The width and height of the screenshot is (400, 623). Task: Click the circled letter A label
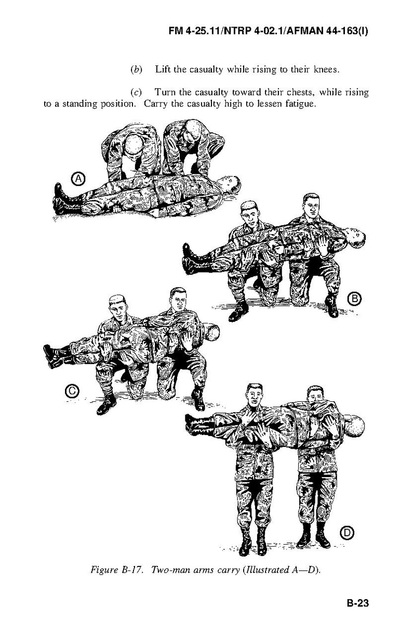pos(79,179)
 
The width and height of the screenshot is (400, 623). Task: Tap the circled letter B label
pos(354,299)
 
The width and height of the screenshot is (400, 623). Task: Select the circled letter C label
pos(72,391)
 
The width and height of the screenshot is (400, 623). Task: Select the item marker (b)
pos(137,69)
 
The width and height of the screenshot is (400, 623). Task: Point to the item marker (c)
pos(136,92)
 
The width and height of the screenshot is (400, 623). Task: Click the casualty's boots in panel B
pos(193,259)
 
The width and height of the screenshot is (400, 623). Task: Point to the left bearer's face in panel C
pos(118,309)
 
